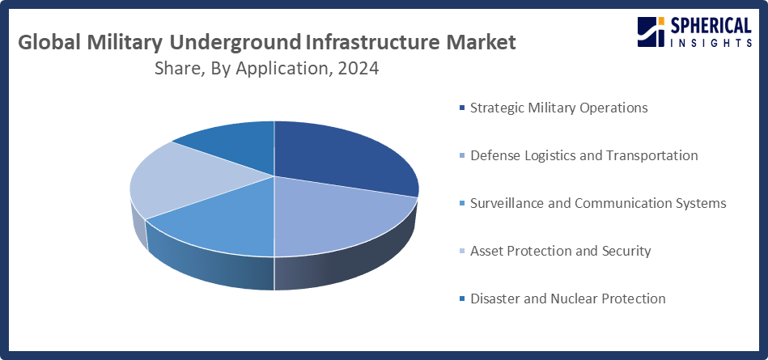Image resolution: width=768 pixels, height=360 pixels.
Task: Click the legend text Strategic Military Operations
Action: (x=558, y=108)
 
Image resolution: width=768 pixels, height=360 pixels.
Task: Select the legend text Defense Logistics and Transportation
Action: (x=583, y=155)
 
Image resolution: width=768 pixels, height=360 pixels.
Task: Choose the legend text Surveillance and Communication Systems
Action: (x=598, y=203)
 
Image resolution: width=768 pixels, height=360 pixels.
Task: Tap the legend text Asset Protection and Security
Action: (x=560, y=251)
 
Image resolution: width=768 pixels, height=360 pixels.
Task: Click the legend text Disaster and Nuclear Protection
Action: (x=567, y=299)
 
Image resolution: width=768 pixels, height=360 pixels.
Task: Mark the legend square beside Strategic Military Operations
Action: (x=462, y=108)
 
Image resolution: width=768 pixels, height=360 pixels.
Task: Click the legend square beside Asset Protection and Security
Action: (x=462, y=252)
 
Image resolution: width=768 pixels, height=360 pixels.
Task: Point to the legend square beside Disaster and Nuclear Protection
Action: (x=462, y=299)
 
